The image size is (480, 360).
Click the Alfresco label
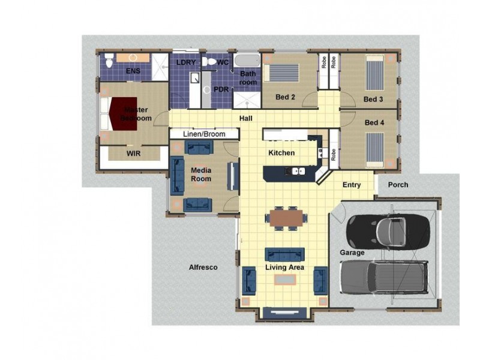[203, 267]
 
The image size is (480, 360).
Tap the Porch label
[398, 185]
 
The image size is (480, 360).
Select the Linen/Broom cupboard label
[204, 134]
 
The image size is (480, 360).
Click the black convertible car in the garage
[388, 232]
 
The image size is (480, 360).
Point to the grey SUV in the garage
[384, 277]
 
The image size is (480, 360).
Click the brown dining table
[286, 218]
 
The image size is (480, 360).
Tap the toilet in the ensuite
[109, 61]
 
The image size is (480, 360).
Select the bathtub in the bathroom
[247, 61]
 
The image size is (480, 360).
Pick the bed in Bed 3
[375, 73]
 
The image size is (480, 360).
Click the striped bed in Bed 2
[281, 73]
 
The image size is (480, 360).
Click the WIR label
[133, 154]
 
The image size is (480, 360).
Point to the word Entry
[352, 185]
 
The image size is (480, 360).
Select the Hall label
[246, 118]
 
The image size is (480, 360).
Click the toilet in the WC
[209, 62]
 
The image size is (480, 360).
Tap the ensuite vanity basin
[133, 58]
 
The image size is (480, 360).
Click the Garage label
[352, 253]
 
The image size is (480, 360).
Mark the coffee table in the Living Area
[285, 280]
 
